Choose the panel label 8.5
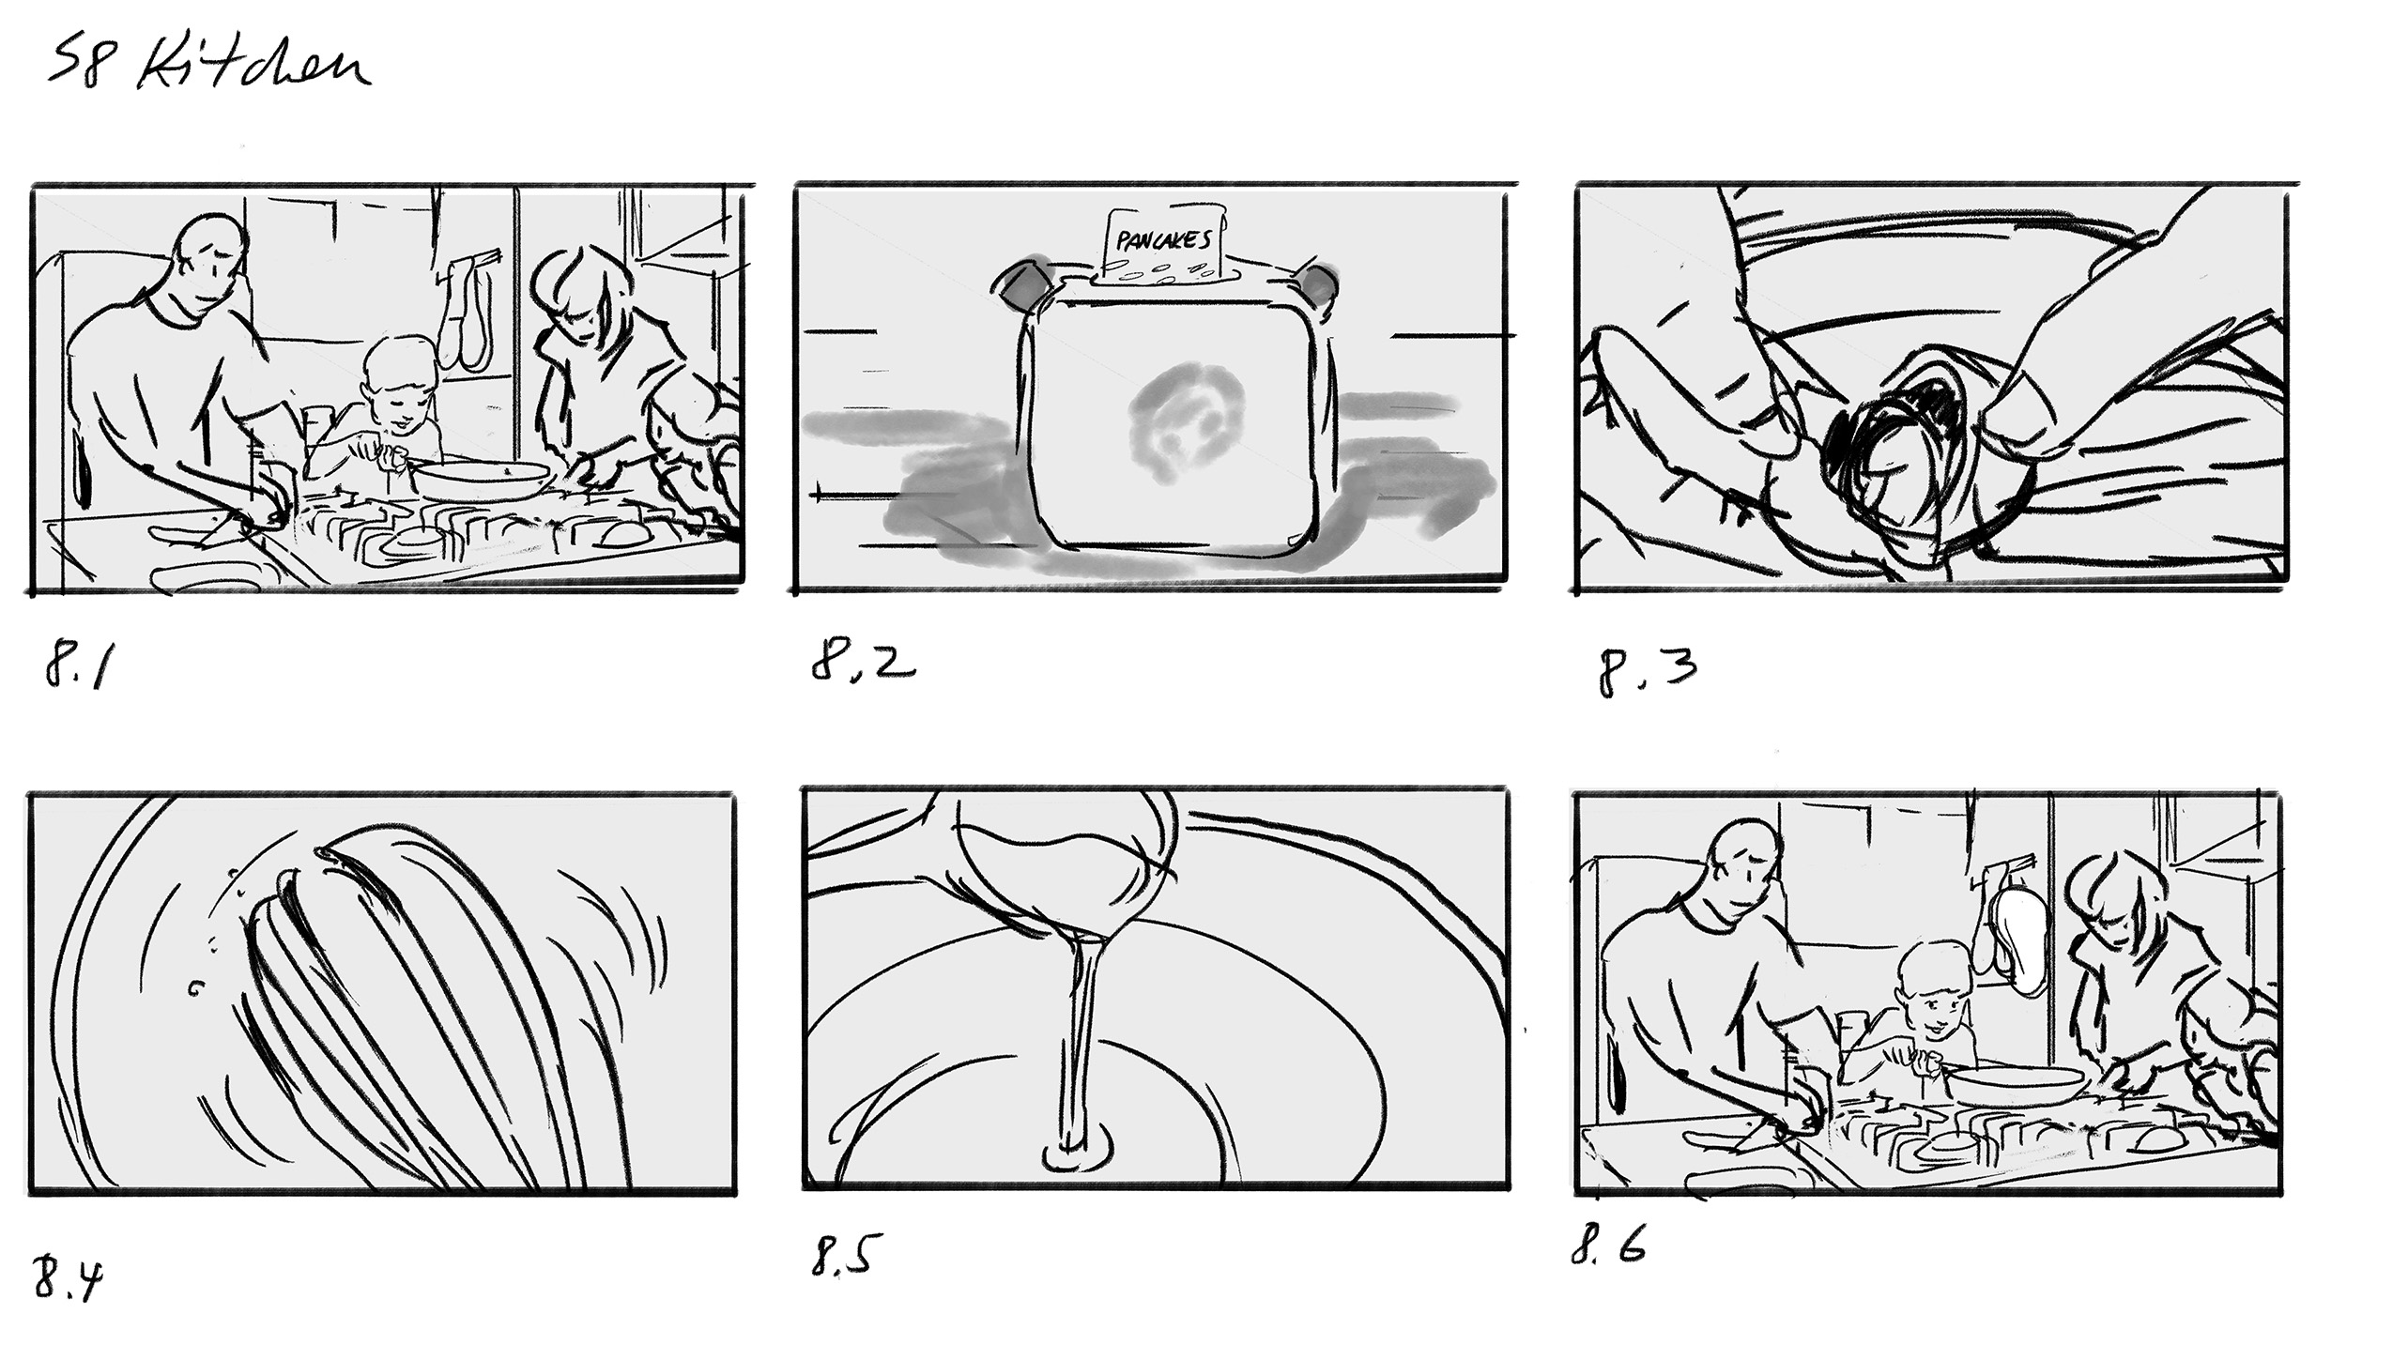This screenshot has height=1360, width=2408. [842, 1256]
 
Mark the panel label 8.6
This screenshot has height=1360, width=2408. [1608, 1247]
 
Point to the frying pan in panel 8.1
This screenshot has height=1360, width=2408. [481, 480]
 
